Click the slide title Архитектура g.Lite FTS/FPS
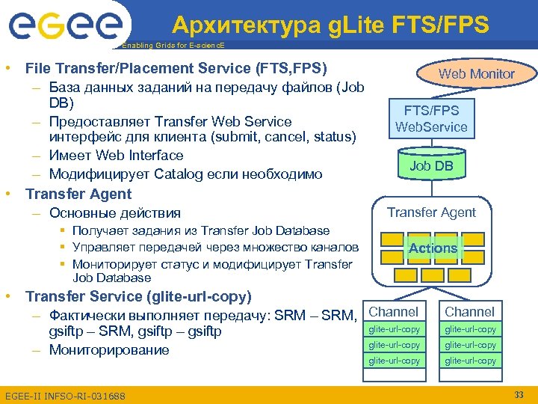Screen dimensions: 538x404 coord(330,25)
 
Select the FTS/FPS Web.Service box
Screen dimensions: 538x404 coord(431,118)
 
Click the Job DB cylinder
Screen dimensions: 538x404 coord(431,165)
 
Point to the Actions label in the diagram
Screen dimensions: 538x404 coord(433,248)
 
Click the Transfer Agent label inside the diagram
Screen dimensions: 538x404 coord(431,212)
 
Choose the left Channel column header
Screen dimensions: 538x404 coord(394,311)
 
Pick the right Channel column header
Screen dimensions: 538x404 coord(470,311)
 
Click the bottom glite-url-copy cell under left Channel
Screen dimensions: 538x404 coord(394,361)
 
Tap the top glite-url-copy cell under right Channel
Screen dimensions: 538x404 coord(470,329)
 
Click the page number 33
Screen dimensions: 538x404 coord(519,394)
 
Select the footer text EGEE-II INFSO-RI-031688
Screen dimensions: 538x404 coord(65,395)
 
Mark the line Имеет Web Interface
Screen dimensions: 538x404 coord(116,156)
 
